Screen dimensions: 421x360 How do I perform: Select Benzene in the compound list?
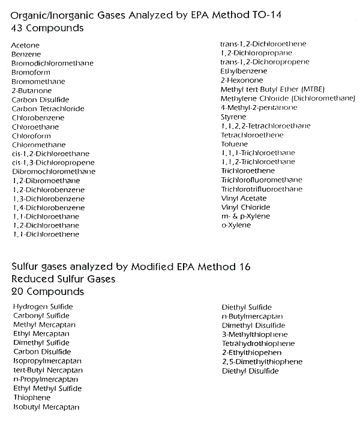[24, 54]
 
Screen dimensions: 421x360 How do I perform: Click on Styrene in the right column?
[233, 117]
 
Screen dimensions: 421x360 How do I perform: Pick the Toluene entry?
[234, 144]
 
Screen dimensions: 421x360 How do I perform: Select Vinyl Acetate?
[244, 198]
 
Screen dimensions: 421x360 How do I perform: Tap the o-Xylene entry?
[236, 225]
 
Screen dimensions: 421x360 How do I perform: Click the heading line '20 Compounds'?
[48, 292]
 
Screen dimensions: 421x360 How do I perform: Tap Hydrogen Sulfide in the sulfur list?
[42, 306]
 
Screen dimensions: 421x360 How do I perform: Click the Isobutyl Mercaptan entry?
[46, 407]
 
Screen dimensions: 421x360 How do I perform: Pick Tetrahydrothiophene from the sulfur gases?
[258, 344]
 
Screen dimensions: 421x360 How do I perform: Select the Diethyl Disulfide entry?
[250, 371]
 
